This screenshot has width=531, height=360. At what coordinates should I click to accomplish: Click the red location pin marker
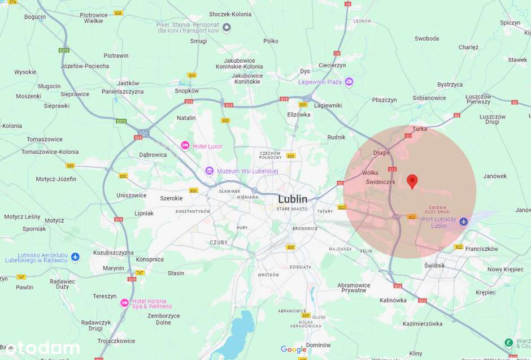[412, 181]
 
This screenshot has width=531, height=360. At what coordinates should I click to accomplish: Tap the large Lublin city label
[293, 199]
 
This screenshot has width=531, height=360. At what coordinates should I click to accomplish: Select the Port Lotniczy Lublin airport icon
[464, 222]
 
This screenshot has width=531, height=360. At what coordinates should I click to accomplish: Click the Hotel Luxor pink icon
[185, 146]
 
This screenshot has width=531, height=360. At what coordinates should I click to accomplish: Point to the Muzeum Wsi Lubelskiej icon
[209, 171]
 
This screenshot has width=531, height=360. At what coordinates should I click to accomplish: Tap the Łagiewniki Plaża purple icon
[349, 82]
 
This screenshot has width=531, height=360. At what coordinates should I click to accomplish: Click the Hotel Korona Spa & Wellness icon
[125, 303]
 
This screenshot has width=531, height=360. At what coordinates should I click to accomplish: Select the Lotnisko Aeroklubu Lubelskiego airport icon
[75, 257]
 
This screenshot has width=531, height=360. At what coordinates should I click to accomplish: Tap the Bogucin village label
[35, 17]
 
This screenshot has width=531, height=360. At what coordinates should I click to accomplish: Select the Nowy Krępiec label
[505, 270]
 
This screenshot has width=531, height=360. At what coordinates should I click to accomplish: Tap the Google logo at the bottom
[294, 350]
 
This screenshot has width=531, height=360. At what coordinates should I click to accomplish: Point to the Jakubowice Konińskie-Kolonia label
[239, 63]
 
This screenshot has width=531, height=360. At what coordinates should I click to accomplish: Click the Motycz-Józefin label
[56, 179]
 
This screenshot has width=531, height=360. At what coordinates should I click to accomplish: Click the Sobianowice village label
[429, 98]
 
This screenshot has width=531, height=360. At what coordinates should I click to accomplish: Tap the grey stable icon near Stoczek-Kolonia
[227, 27]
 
